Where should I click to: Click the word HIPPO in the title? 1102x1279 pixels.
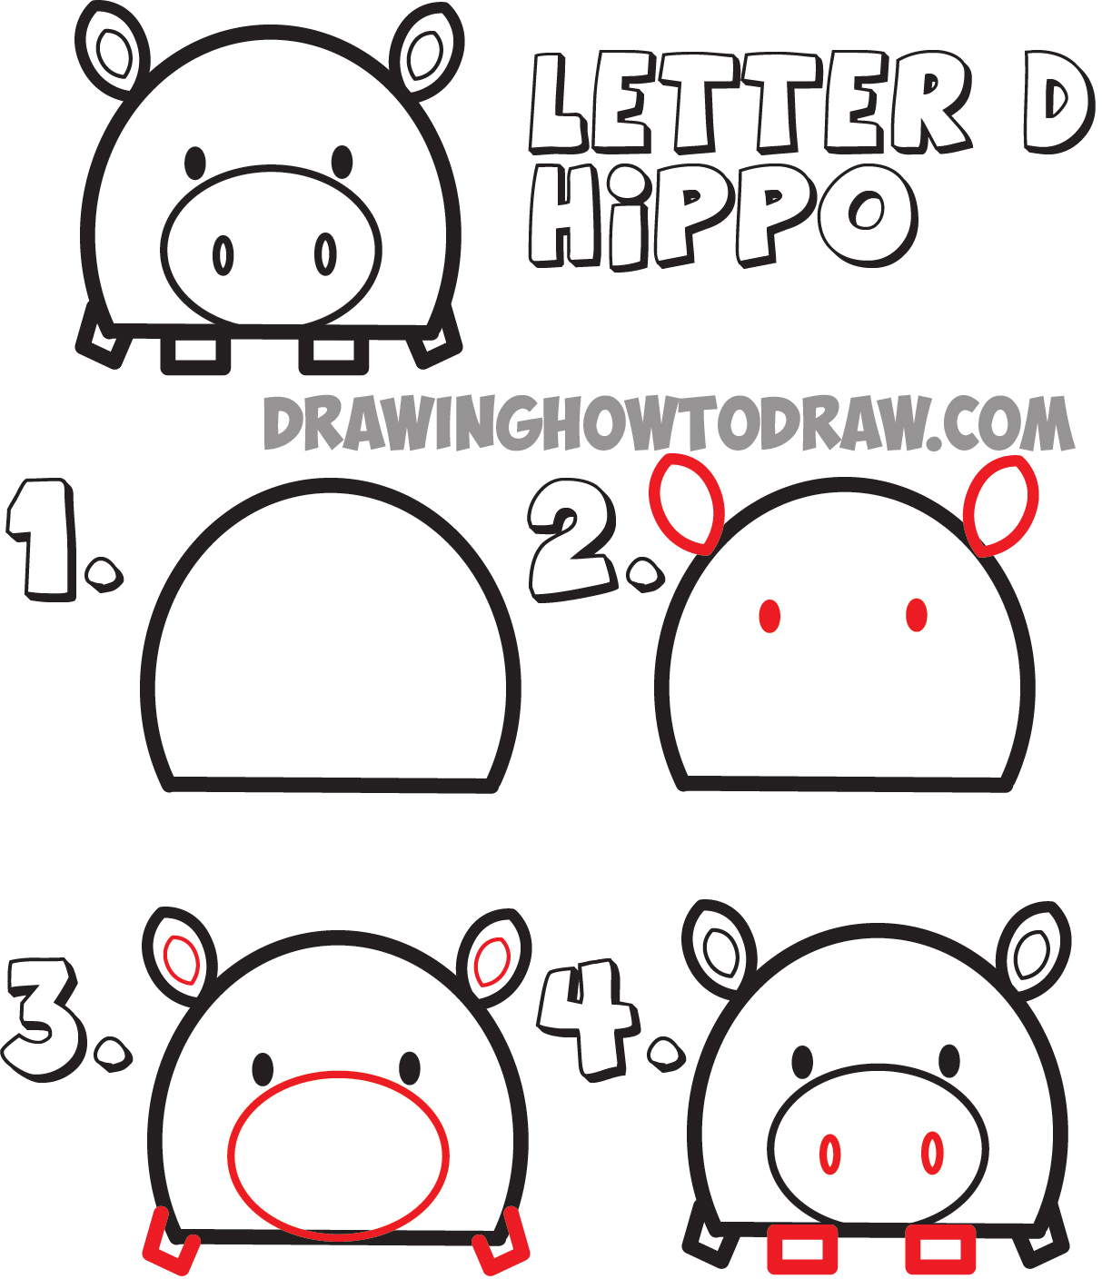[x=722, y=218]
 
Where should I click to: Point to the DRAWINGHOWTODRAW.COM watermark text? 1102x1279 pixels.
[x=669, y=423]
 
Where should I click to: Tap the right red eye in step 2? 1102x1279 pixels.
[x=917, y=615]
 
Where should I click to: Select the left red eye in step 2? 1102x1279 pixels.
[x=769, y=616]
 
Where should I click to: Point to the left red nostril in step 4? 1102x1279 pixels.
[x=829, y=1154]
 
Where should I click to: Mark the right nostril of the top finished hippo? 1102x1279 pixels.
[x=325, y=254]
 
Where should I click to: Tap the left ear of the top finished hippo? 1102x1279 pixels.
[x=113, y=52]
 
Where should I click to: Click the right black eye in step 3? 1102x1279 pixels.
[x=410, y=1068]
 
